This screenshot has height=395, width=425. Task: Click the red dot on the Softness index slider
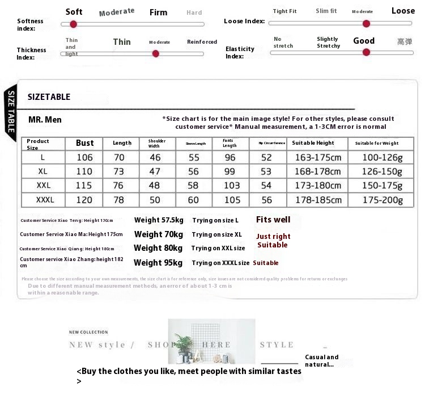(73, 24)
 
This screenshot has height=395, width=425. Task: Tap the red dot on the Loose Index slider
(366, 23)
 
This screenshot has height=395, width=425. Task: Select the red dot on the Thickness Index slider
(156, 53)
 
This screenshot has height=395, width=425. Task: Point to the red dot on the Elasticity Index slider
(366, 52)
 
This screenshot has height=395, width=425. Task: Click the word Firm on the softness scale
(158, 12)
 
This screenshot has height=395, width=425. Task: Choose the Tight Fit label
(284, 11)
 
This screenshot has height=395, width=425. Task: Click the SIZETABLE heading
(49, 97)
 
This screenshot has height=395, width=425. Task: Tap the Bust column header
(85, 143)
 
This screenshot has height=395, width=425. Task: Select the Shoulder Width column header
(157, 143)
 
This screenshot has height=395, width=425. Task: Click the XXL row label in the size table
(44, 186)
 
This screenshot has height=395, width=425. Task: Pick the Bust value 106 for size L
(85, 157)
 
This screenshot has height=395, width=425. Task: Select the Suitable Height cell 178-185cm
(317, 200)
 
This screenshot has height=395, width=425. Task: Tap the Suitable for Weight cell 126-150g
(379, 171)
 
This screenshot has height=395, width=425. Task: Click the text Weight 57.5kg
(159, 220)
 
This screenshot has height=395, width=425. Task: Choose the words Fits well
(273, 220)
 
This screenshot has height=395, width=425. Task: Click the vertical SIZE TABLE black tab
(10, 111)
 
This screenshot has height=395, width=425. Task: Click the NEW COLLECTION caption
(88, 332)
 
